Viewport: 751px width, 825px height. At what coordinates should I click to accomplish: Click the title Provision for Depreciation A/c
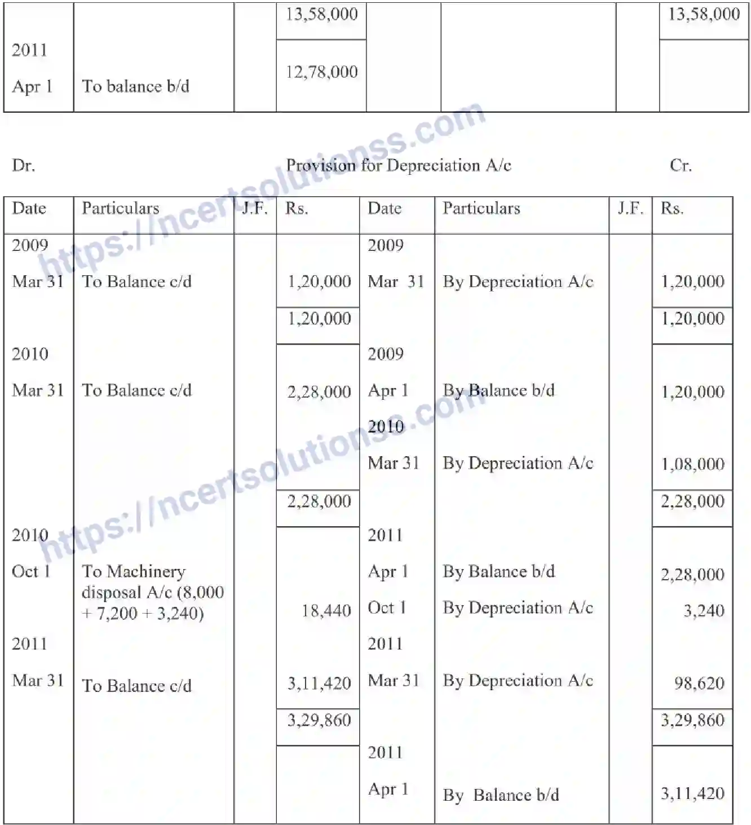[x=399, y=165]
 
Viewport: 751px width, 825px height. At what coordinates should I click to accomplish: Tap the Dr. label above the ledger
[x=23, y=165]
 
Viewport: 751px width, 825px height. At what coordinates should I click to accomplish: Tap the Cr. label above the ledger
[x=681, y=165]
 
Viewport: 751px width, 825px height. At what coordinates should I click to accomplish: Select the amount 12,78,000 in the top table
[x=321, y=72]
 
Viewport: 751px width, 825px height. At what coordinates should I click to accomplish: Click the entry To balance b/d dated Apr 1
[x=135, y=86]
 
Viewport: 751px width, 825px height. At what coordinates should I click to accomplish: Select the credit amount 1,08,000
[x=692, y=464]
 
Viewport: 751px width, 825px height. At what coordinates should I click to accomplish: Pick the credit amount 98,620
[x=699, y=683]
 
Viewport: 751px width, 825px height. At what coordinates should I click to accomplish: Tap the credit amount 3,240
[x=704, y=611]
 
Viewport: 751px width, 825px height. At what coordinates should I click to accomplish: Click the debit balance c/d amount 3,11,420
[x=319, y=683]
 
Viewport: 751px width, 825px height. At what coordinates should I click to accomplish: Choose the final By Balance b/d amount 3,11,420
[x=692, y=794]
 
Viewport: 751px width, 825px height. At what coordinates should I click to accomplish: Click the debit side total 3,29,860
[x=319, y=720]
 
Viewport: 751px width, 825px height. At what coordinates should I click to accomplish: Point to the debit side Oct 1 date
[x=31, y=571]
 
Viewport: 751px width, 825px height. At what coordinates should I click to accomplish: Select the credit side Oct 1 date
[x=387, y=608]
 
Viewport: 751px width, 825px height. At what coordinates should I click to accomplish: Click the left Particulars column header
[x=120, y=208]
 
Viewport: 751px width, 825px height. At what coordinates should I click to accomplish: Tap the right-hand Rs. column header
[x=672, y=209]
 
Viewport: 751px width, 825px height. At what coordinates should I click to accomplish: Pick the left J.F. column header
[x=255, y=209]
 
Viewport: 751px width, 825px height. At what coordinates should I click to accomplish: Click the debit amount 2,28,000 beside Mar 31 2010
[x=319, y=391]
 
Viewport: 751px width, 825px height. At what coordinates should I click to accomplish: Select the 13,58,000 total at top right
[x=704, y=14]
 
